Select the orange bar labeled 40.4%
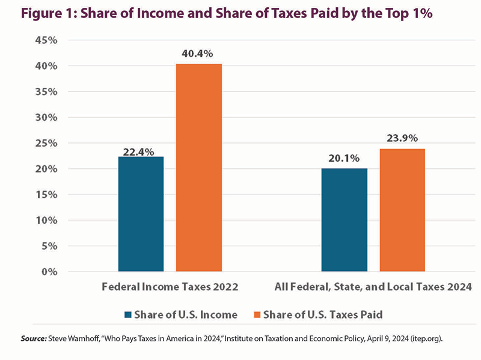click(x=198, y=168)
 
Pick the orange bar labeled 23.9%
click(x=402, y=210)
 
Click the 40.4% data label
click(x=198, y=54)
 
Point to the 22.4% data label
click(x=141, y=147)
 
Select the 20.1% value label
click(x=344, y=159)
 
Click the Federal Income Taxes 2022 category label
click(x=170, y=287)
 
